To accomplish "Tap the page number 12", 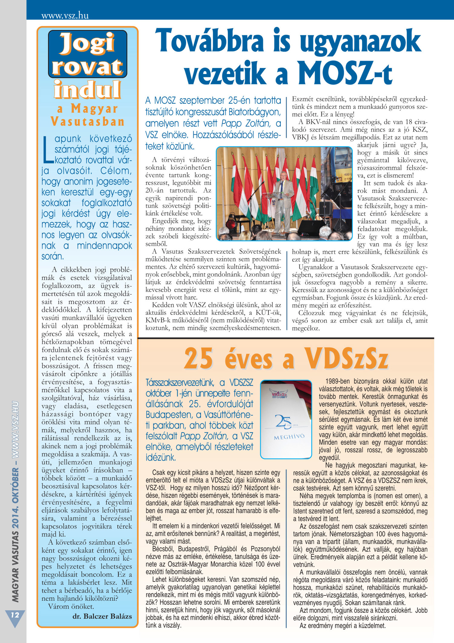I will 15,615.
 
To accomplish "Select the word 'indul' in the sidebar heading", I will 87,90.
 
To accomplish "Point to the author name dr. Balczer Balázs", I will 102,616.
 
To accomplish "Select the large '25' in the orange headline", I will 198,359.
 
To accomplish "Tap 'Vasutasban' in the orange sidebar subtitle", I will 87,122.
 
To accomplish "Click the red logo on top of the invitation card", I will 279,394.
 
